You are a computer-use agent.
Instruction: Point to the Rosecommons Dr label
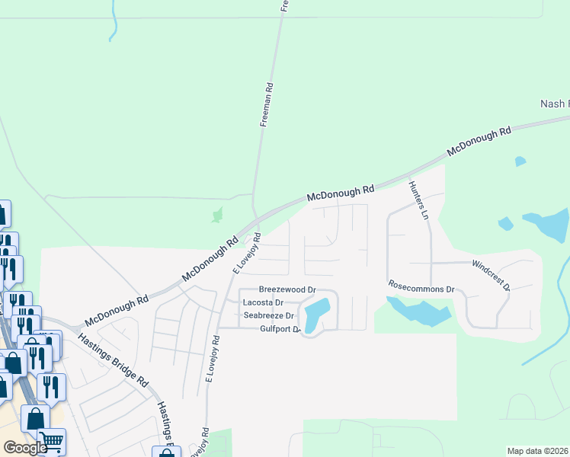tap(421, 289)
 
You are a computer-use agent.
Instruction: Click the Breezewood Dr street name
tap(287, 290)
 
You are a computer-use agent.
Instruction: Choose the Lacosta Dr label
tap(263, 302)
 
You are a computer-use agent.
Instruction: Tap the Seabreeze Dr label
tap(268, 315)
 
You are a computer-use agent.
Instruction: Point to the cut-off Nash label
tap(554, 104)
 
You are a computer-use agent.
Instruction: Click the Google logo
tap(25, 448)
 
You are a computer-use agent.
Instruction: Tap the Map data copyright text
tap(537, 451)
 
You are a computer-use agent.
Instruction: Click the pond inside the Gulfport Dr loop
tap(316, 312)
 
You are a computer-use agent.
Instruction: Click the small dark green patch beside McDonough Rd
tap(218, 216)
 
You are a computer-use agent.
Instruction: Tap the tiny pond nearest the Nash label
tap(520, 161)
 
